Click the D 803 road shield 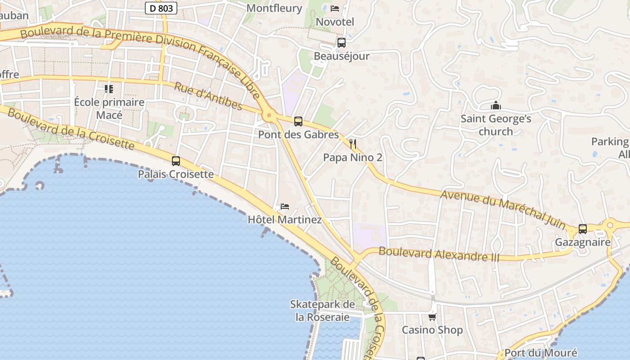161,8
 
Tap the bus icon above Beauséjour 342,43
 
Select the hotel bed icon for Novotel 335,9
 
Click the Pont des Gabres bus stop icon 298,121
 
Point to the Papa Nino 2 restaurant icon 353,144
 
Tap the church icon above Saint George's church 496,106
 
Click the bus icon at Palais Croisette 176,161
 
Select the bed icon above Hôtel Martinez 285,207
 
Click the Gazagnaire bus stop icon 583,229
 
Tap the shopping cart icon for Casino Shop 432,317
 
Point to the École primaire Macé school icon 109,89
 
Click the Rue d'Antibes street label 208,96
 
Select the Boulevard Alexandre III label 439,254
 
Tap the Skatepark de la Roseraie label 322,310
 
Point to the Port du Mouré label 540,353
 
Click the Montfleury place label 281,8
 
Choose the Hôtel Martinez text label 285,220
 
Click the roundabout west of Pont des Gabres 270,116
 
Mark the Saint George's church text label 495,125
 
